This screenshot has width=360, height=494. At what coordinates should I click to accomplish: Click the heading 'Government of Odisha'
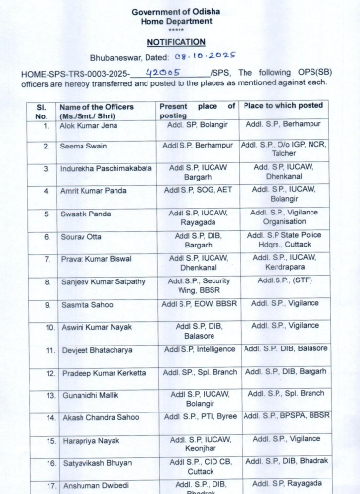[x=182, y=8]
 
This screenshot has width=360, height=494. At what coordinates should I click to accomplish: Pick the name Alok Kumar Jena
[x=89, y=126]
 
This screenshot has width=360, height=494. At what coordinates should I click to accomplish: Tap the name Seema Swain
[x=83, y=146]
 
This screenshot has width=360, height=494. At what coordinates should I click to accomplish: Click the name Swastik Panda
[x=85, y=213]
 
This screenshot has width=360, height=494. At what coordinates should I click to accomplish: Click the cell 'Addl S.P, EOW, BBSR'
[x=199, y=303]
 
